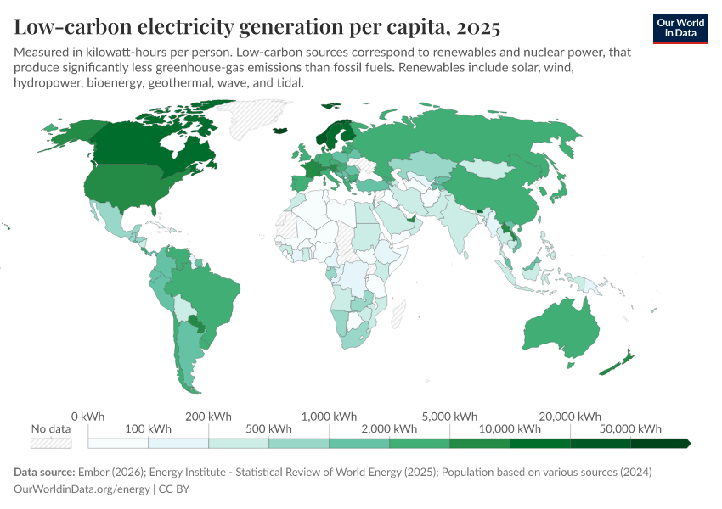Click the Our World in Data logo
(680, 28)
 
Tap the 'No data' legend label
(51, 428)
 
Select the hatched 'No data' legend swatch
(51, 443)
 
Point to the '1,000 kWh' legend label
(330, 417)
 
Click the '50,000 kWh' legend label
(631, 428)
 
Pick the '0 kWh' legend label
(87, 417)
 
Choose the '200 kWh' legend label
(208, 417)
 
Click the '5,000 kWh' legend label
(450, 417)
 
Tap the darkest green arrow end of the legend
(686, 443)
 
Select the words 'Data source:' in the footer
(44, 472)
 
